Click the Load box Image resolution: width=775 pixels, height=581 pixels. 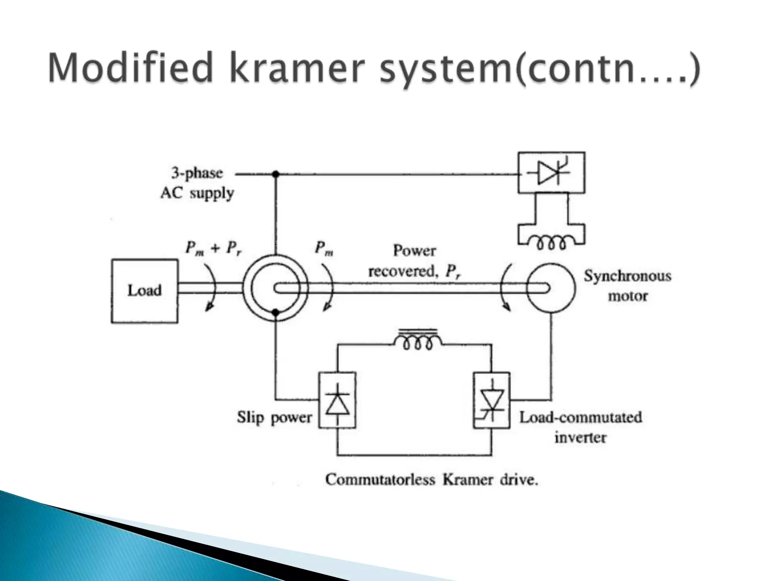pos(144,291)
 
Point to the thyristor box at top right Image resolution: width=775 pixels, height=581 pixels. pos(551,173)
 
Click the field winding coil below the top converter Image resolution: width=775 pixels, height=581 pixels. pos(551,243)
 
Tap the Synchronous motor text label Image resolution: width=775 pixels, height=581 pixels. pos(627,286)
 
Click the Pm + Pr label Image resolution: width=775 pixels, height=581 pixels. pos(214,249)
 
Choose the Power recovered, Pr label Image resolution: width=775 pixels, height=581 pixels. pos(415,261)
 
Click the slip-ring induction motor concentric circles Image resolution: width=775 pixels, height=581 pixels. pos(275,289)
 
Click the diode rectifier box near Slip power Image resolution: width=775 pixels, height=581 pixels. pos(337,400)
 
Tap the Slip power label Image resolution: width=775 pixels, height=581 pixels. pos(274,417)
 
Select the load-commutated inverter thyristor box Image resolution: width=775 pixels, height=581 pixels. pos(492,400)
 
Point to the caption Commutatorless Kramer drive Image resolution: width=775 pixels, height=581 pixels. pos(431,480)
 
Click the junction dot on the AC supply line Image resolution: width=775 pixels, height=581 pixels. pos(276,174)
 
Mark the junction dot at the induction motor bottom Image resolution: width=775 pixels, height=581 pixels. pos(276,312)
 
